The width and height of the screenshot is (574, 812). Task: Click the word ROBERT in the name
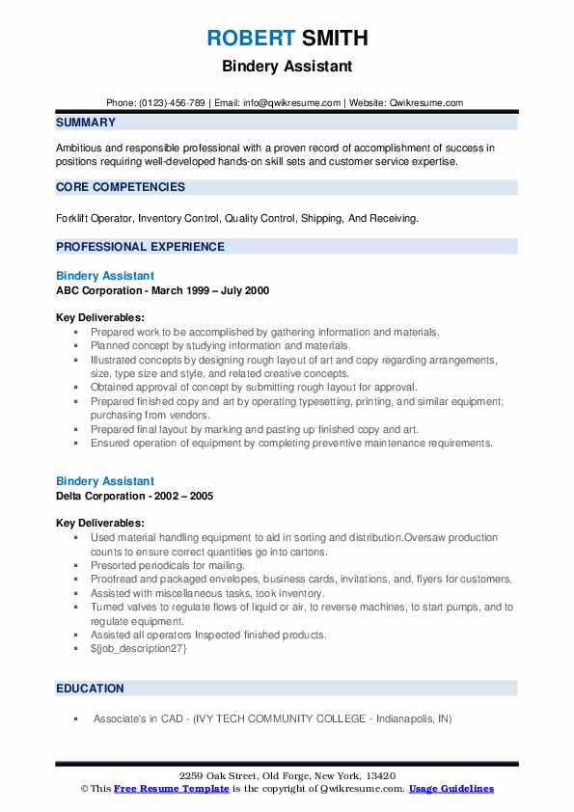point(249,39)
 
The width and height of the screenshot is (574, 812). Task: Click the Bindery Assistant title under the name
point(287,67)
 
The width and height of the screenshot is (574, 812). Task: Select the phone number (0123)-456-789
point(173,103)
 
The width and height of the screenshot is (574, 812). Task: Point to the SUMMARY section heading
point(86,122)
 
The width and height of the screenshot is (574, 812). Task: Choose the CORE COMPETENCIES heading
point(121,187)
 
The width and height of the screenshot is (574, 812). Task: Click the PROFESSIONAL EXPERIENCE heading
point(140,247)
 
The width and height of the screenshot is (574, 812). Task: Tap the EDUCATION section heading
point(90,689)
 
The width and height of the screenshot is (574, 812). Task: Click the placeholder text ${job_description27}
point(139,648)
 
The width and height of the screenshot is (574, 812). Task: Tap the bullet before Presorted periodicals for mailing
point(75,566)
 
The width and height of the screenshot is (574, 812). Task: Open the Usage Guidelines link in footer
point(451,789)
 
